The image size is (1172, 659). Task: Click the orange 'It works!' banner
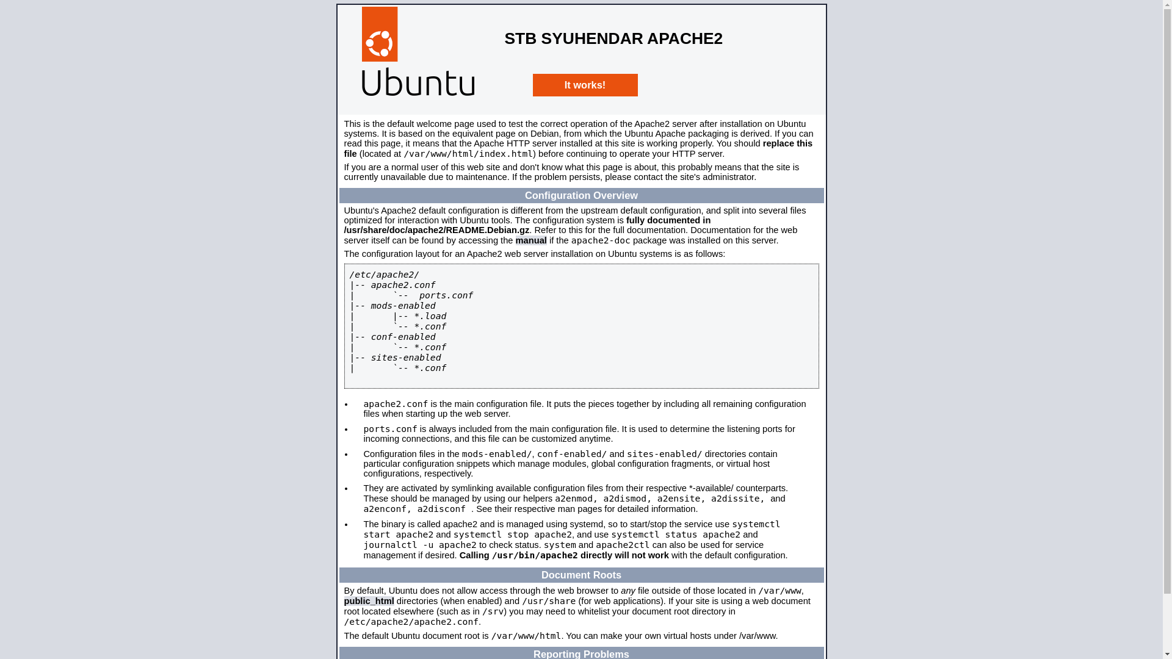[585, 85]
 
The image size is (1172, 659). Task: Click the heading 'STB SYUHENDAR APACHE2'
[613, 38]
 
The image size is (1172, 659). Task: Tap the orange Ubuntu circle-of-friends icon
[379, 35]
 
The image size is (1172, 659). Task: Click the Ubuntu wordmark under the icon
[418, 82]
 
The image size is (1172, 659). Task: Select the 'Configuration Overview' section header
[581, 196]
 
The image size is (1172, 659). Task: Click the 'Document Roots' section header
[581, 575]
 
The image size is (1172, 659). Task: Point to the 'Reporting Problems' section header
[581, 654]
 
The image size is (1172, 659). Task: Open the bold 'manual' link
[530, 240]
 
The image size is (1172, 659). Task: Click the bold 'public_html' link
[369, 601]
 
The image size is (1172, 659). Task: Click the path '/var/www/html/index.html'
[468, 154]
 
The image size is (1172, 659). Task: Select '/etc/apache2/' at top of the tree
[384, 275]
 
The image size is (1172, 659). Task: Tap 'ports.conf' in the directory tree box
[446, 295]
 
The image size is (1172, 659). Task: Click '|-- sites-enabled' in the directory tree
[396, 358]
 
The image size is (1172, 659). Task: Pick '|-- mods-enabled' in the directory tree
[393, 306]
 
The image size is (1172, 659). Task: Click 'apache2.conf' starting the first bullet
[396, 404]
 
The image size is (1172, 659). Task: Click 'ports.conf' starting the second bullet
[390, 429]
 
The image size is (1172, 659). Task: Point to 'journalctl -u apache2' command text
[420, 545]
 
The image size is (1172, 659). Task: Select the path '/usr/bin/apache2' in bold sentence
[535, 555]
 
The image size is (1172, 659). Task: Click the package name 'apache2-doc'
[601, 240]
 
